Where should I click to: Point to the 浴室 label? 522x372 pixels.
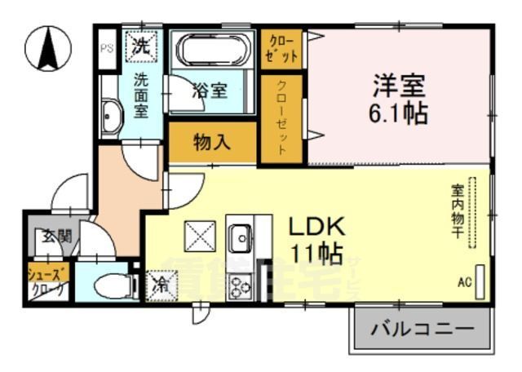[x=210, y=90]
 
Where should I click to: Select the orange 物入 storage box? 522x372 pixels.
[x=212, y=143]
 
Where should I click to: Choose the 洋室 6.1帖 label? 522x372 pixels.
[x=399, y=98]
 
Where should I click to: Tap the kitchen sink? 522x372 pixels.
[x=240, y=238]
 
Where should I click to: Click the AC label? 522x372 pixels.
[x=464, y=283]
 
